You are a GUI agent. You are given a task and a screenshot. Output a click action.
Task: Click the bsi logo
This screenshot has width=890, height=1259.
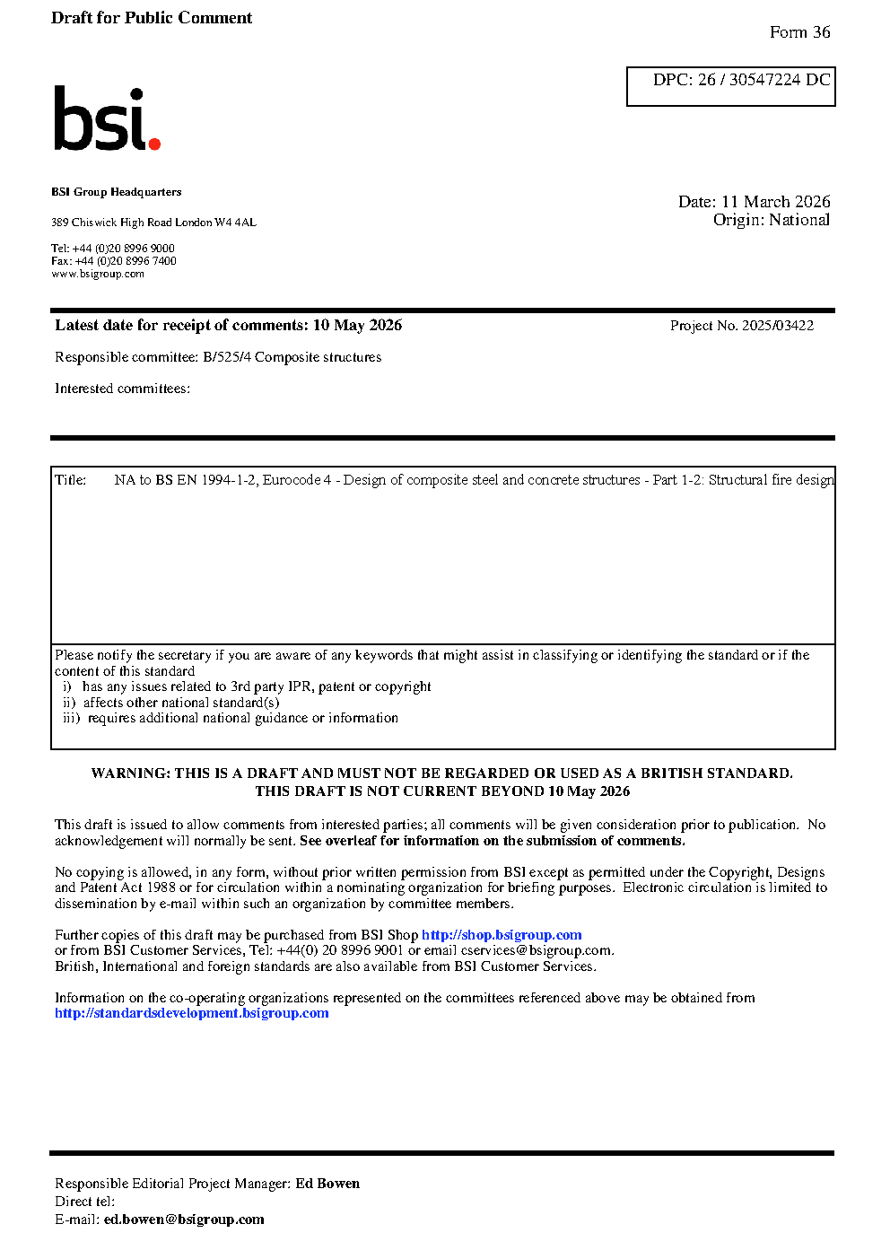click(106, 119)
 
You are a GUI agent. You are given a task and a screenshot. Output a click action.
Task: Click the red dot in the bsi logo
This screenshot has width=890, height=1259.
click(154, 143)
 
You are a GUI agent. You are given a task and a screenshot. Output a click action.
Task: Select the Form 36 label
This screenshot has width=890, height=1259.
click(799, 32)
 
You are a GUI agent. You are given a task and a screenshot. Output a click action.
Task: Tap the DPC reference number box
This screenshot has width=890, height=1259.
click(730, 86)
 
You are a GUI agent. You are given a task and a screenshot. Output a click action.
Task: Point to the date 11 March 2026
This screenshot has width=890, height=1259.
click(775, 202)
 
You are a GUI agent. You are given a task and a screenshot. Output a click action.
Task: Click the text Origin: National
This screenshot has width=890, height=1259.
click(771, 220)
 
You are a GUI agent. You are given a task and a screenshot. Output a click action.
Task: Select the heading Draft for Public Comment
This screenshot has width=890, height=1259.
click(152, 18)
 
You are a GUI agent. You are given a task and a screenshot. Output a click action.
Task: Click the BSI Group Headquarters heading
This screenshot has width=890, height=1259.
click(116, 192)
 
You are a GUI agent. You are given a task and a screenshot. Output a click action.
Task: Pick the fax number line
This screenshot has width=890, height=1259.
click(114, 261)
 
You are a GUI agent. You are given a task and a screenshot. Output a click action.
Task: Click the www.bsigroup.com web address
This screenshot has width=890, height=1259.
click(98, 274)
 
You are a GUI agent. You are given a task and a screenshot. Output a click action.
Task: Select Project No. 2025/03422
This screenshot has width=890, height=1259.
click(741, 326)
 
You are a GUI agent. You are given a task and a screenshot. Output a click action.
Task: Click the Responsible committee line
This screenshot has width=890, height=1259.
click(218, 357)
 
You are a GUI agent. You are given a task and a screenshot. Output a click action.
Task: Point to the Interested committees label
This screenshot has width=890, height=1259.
click(122, 389)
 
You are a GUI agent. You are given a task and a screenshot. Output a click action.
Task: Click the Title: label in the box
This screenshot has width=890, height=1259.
click(70, 480)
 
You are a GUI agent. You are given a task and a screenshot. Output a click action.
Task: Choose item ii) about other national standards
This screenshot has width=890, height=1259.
click(170, 703)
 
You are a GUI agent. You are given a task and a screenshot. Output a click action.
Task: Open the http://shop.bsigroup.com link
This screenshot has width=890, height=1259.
click(502, 935)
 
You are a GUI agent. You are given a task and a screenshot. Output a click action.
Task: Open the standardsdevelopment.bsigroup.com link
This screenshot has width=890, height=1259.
click(191, 1013)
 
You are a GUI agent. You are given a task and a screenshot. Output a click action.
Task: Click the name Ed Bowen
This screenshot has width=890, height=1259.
click(327, 1184)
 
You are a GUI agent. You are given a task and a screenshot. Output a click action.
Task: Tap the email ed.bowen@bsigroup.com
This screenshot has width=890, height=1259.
click(184, 1220)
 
